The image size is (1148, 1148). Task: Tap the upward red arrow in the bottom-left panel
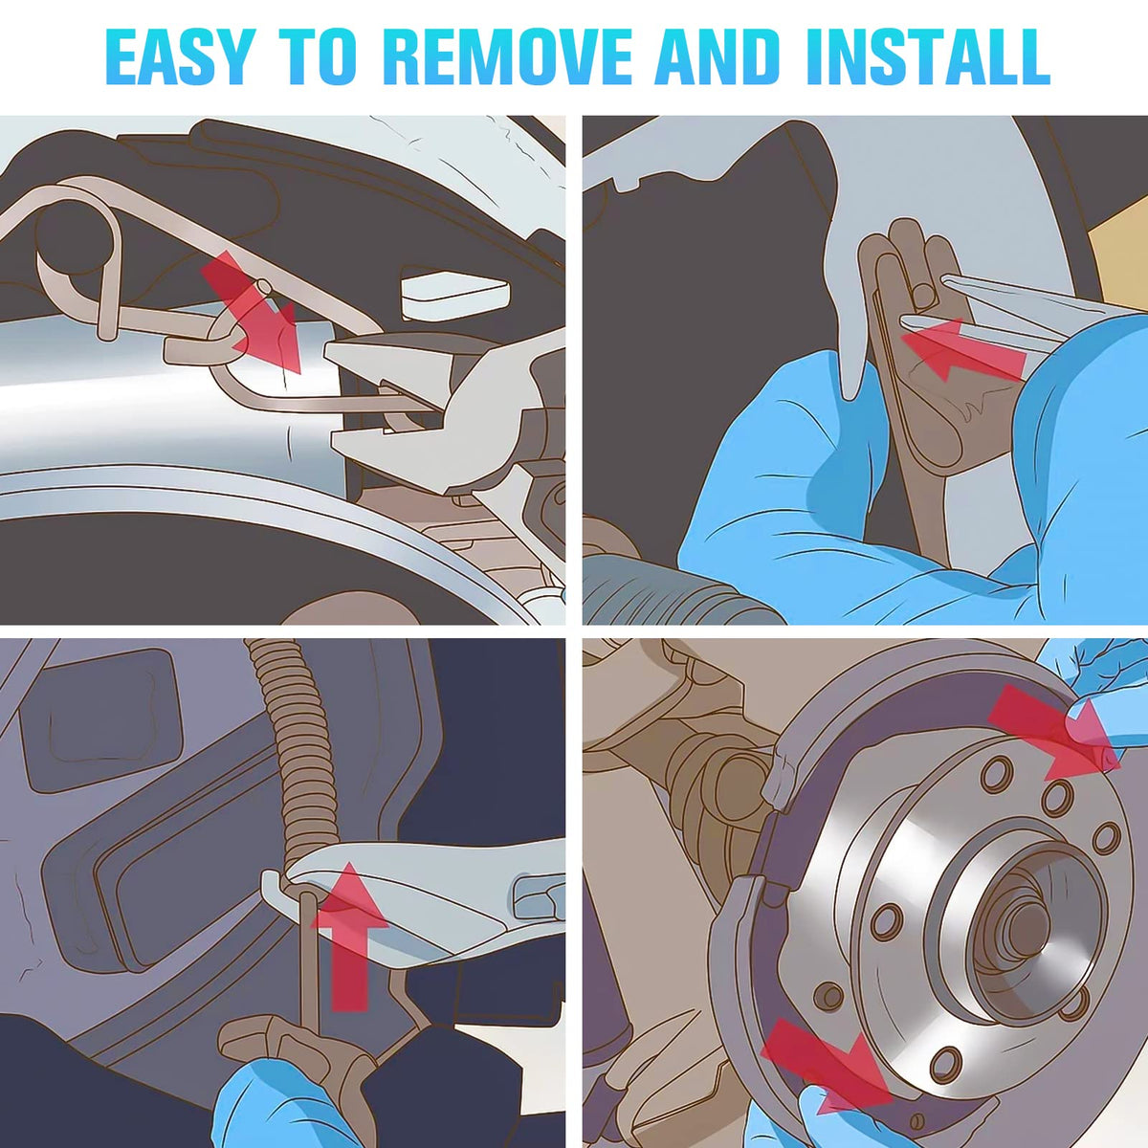click(350, 937)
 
